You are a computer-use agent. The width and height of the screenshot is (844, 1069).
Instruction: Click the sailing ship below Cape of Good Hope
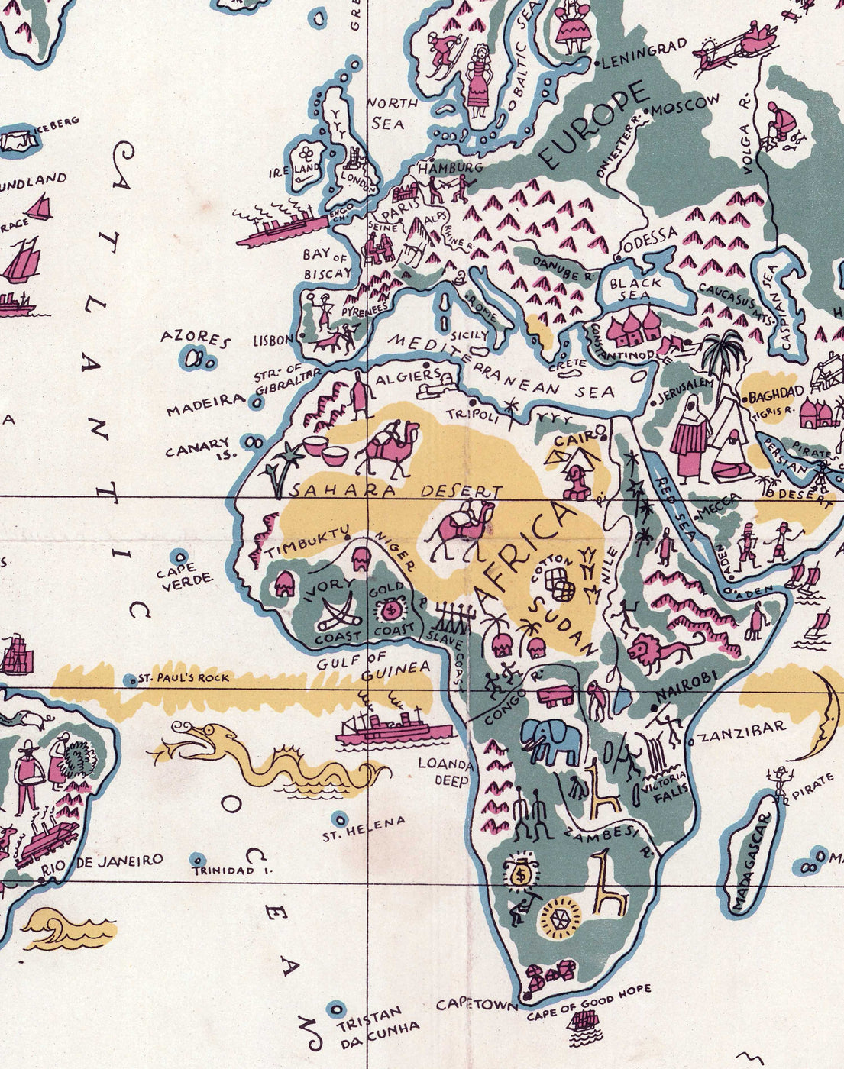tap(584, 1023)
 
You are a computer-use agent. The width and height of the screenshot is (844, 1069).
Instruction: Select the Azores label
tap(196, 338)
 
